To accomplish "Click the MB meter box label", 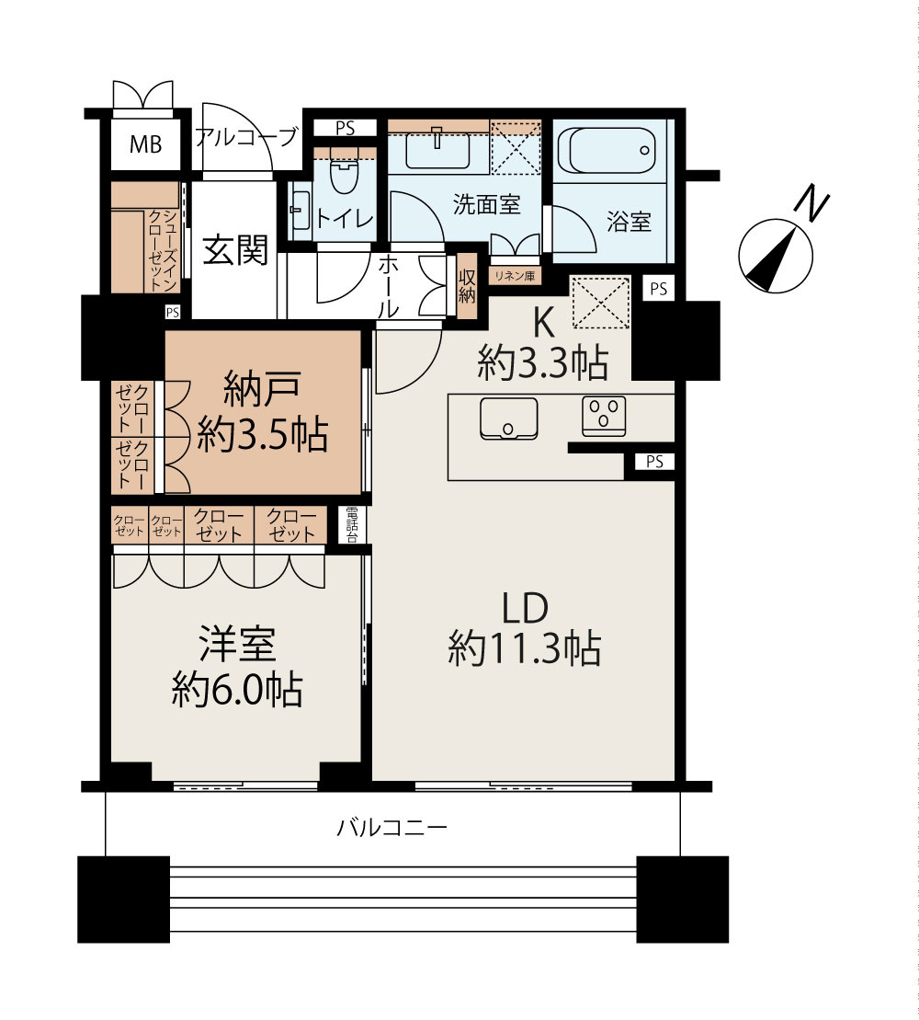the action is click(x=145, y=143).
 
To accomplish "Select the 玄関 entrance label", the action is click(x=235, y=250).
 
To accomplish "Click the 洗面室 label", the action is click(x=487, y=204).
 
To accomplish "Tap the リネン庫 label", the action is click(x=515, y=276).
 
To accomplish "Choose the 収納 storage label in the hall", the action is click(x=467, y=286).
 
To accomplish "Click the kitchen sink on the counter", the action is click(x=508, y=418).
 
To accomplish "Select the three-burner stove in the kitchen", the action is click(x=604, y=416).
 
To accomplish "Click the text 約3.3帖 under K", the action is click(x=543, y=362).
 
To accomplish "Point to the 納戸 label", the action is click(x=262, y=388).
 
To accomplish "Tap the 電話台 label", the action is click(x=352, y=524).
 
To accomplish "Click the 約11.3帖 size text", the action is click(x=524, y=648).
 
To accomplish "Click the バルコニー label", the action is click(x=391, y=828).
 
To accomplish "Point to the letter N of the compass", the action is click(x=811, y=202).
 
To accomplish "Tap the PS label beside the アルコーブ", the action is click(x=346, y=128).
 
